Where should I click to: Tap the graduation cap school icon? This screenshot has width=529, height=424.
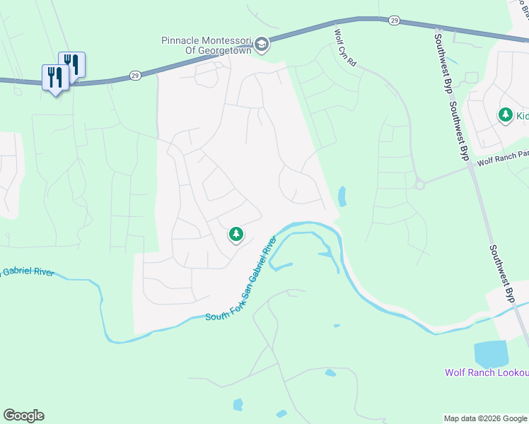click(262, 45)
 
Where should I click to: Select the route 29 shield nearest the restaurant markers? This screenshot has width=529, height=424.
click(134, 74)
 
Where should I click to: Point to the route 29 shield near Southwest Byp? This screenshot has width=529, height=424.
click(394, 21)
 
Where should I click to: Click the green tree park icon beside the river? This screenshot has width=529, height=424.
click(236, 234)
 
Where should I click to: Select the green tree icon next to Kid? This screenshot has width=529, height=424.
click(505, 114)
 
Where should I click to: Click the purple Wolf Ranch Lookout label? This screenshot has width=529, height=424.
click(487, 372)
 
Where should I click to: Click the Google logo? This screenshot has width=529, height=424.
click(23, 416)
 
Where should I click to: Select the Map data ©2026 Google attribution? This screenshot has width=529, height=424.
click(485, 418)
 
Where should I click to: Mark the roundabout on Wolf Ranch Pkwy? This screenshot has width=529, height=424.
click(419, 184)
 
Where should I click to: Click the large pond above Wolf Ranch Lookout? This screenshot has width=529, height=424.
click(491, 353)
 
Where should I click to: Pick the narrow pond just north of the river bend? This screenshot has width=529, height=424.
click(342, 196)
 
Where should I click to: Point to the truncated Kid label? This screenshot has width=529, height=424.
click(521, 114)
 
